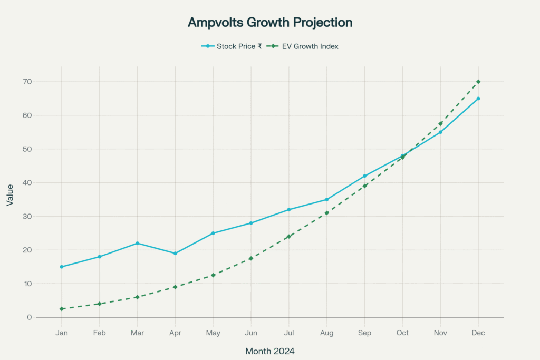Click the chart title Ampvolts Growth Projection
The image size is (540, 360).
click(x=270, y=23)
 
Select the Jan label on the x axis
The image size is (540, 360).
click(x=62, y=333)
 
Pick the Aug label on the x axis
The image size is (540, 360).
click(x=326, y=333)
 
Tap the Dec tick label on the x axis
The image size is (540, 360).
click(x=478, y=333)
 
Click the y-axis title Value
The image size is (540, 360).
click(x=11, y=194)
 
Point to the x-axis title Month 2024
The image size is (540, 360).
click(x=270, y=351)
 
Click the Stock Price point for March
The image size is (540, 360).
click(x=137, y=243)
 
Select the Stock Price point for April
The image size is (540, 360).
click(x=175, y=254)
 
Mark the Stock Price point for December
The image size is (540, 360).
click(x=478, y=99)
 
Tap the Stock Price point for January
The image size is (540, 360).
click(x=62, y=267)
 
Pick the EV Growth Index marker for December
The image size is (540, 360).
click(x=478, y=82)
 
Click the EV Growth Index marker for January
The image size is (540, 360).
click(x=62, y=309)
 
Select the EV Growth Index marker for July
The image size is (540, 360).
click(x=288, y=237)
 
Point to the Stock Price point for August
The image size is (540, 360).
click(x=326, y=199)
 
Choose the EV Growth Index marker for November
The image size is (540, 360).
click(x=440, y=124)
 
